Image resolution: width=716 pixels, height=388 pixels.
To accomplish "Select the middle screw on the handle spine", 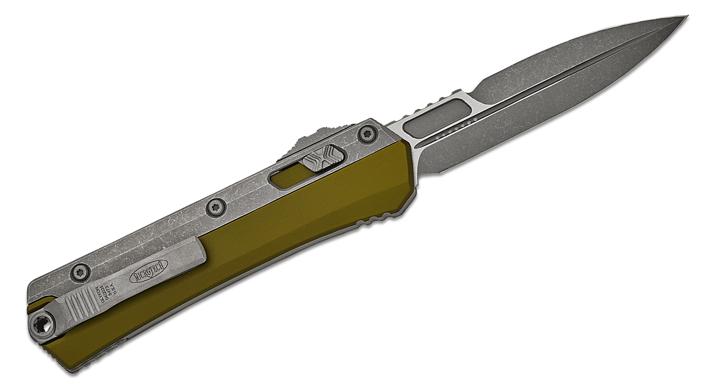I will (x=213, y=206).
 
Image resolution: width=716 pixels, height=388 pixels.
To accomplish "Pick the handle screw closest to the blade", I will (x=367, y=134).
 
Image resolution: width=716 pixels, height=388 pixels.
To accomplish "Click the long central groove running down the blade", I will (x=549, y=81).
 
